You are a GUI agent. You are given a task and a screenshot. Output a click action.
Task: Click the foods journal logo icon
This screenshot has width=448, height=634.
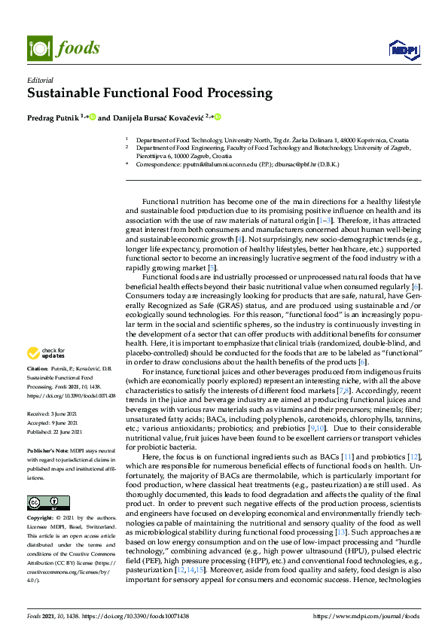(x=38, y=47)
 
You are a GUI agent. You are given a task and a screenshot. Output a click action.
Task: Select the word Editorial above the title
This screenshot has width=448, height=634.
(x=41, y=80)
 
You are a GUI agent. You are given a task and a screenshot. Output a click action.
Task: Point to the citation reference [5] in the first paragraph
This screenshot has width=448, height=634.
(x=212, y=267)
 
